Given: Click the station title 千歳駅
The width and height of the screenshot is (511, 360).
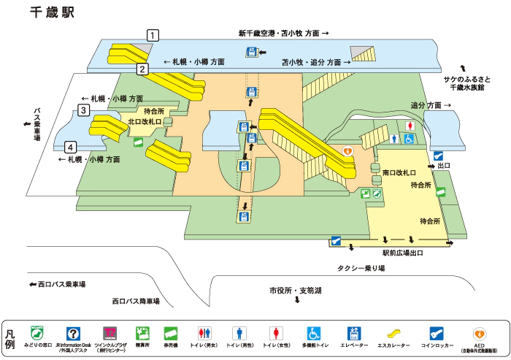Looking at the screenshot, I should pyautogui.click(x=52, y=13).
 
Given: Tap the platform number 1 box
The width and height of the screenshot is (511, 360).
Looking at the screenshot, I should pyautogui.click(x=153, y=34).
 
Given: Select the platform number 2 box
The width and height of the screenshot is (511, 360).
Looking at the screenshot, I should pyautogui.click(x=143, y=69).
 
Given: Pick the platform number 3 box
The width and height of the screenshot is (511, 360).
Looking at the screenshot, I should pyautogui.click(x=84, y=111).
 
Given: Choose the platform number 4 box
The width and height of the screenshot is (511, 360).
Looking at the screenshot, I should pyautogui.click(x=70, y=145).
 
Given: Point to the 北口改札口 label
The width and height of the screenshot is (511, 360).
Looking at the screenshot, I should pyautogui.click(x=144, y=121).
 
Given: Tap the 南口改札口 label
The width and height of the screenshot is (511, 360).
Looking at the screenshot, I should pyautogui.click(x=399, y=174).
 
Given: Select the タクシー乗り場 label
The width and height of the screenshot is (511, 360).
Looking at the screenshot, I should pyautogui.click(x=361, y=268).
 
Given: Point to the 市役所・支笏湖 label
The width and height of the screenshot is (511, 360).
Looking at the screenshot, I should pyautogui.click(x=295, y=290).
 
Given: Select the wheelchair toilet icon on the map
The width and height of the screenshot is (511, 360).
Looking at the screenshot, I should pyautogui.click(x=410, y=139).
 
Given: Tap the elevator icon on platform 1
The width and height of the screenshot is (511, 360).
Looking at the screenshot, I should pyautogui.click(x=252, y=51).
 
